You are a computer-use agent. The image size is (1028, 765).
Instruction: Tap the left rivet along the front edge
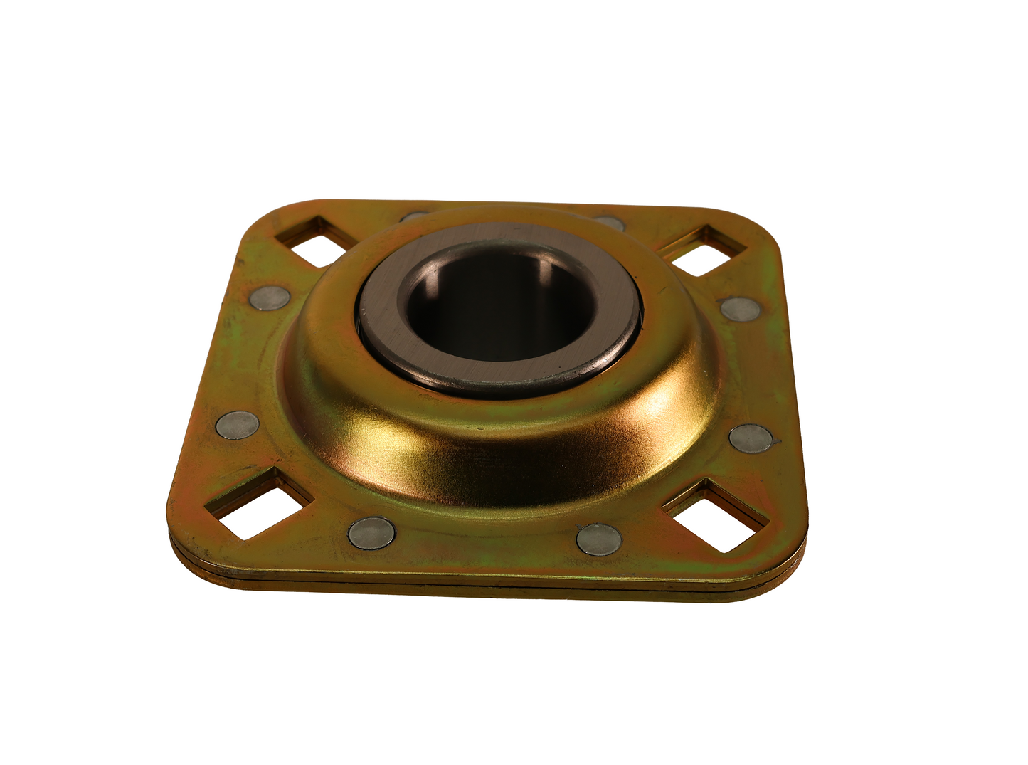[371, 532]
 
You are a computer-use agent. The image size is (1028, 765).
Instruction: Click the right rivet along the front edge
[599, 539]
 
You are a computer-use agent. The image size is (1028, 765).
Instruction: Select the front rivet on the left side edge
[237, 426]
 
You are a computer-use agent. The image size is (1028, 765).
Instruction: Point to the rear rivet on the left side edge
[271, 298]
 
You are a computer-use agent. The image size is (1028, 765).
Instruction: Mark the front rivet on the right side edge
[751, 438]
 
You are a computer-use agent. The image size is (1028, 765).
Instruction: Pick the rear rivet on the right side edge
[739, 308]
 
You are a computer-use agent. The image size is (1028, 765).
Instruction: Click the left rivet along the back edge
[414, 216]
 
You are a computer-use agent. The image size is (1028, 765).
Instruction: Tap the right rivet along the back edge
[610, 223]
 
